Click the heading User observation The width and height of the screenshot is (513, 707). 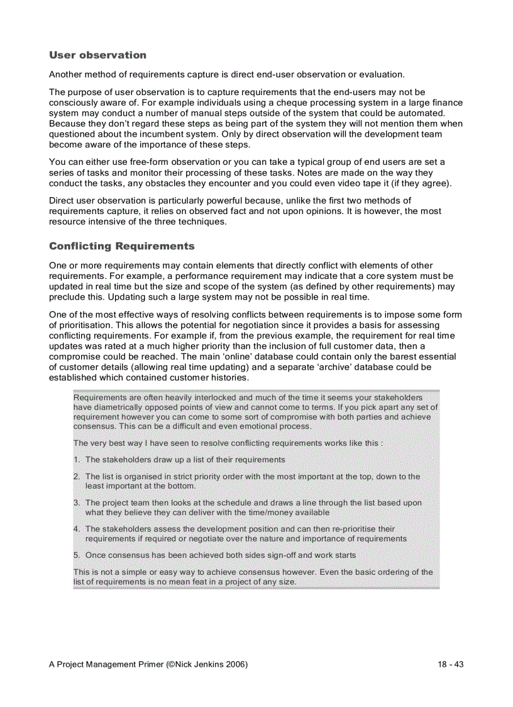click(x=97, y=55)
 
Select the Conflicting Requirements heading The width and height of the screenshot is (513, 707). click(x=121, y=246)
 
